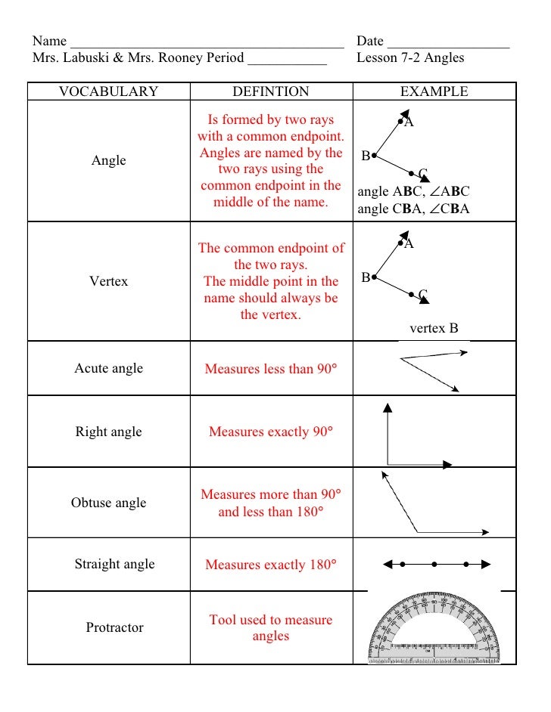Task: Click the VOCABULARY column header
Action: click(108, 92)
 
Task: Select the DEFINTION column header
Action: click(270, 92)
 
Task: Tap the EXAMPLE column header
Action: click(434, 92)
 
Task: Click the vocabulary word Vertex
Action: click(108, 281)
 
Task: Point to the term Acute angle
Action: click(108, 368)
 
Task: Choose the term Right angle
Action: click(108, 432)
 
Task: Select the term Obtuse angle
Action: click(108, 503)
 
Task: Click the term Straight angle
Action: click(114, 564)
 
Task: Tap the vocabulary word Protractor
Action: click(114, 627)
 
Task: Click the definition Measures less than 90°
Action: click(270, 370)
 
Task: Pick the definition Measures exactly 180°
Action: click(270, 565)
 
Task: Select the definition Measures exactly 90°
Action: click(270, 432)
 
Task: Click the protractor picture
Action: click(434, 629)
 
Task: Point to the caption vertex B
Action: click(434, 329)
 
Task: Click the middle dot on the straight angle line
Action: click(434, 564)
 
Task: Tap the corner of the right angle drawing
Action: click(388, 464)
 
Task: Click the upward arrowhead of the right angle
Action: click(388, 407)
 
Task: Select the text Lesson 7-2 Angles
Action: click(410, 57)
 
